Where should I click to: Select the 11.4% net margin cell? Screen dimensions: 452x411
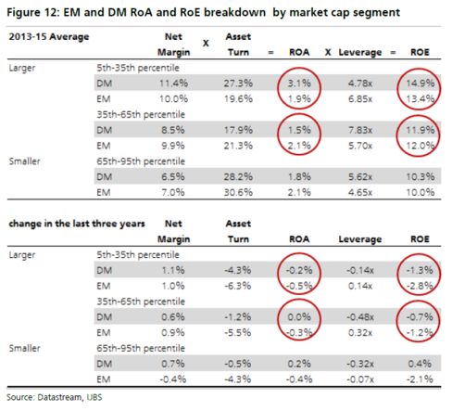click(173, 83)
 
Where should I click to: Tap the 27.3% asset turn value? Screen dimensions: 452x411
click(238, 83)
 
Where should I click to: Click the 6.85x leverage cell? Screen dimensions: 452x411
click(360, 99)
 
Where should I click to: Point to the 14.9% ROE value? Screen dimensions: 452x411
click(420, 83)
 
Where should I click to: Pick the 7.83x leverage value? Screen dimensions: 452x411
click(360, 130)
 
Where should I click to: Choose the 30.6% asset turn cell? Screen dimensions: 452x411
click(238, 192)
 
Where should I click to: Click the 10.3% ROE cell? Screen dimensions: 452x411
click(420, 176)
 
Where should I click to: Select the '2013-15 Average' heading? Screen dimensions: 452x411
click(49, 37)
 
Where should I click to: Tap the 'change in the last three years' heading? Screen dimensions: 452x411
click(77, 224)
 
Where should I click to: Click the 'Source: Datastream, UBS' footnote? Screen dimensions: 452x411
click(55, 397)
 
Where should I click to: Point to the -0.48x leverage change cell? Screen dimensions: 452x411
click(360, 317)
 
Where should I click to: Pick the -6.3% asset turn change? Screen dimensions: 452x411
click(237, 286)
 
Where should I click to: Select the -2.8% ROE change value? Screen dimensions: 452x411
click(420, 286)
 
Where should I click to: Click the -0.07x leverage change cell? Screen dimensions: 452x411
click(360, 379)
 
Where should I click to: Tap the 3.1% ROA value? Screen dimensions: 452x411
click(299, 83)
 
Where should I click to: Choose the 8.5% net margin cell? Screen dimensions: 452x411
click(173, 130)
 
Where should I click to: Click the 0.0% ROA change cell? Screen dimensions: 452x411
click(299, 317)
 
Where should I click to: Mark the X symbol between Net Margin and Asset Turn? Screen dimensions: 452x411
click(206, 44)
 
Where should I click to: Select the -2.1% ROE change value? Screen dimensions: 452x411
click(420, 379)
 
